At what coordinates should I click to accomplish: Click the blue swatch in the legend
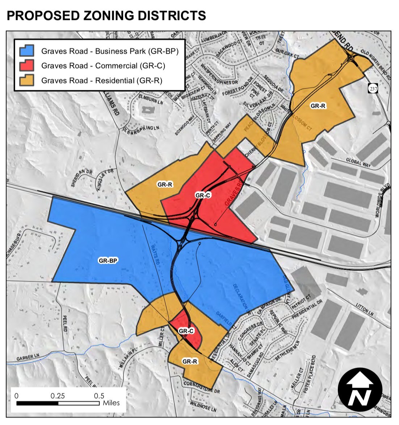27,51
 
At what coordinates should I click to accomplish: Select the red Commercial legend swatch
27,66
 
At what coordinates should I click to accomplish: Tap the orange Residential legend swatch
27,80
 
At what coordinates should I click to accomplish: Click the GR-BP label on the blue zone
109,260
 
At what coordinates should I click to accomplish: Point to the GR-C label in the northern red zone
203,195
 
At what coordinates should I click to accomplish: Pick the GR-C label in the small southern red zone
186,331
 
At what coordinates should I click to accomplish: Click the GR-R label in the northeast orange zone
318,106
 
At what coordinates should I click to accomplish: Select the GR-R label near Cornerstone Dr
190,362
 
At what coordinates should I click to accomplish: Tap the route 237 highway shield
373,88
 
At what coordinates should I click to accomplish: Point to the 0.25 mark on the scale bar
58,396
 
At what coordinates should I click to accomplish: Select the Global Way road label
358,162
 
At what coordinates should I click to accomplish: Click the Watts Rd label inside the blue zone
155,253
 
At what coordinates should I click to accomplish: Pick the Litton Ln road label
365,310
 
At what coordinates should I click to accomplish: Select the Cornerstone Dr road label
202,387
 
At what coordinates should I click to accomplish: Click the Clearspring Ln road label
141,129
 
